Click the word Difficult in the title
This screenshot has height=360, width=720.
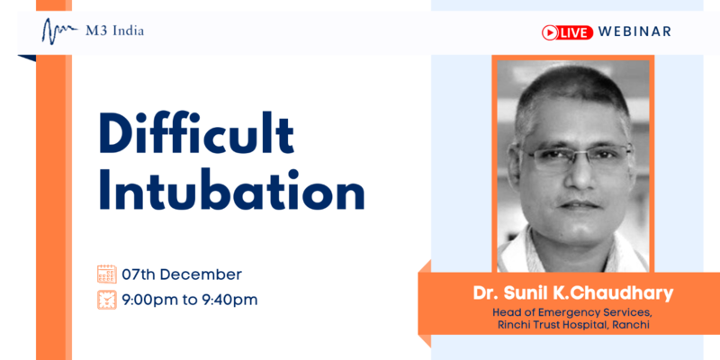click(196, 133)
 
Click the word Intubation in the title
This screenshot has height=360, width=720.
click(231, 189)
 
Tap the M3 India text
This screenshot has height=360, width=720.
click(115, 31)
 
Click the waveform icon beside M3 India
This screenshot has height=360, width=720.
click(59, 31)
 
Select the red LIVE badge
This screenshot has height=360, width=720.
click(568, 31)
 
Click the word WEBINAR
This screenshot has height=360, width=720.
click(634, 31)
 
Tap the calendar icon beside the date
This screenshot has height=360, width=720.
click(107, 274)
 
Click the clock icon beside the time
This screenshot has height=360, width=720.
click(107, 300)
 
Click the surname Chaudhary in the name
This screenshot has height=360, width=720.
click(628, 293)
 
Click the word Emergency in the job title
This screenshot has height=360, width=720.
click(563, 313)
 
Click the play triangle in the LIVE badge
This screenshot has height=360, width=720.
click(550, 32)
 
